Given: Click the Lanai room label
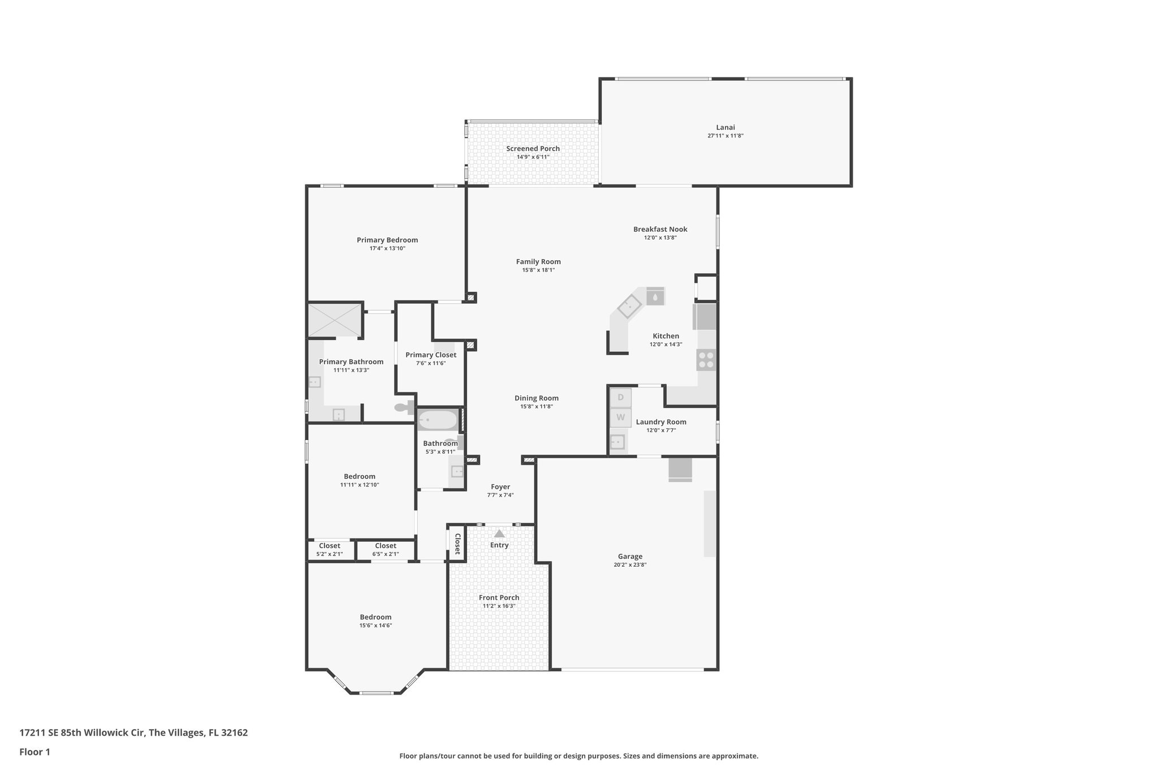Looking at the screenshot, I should click(725, 128).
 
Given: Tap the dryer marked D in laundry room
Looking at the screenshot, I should click(620, 398).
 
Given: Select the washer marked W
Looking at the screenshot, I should click(620, 418).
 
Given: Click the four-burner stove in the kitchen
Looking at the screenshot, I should click(706, 360).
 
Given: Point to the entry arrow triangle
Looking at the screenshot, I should click(499, 533).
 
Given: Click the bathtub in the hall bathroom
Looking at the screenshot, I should click(438, 420).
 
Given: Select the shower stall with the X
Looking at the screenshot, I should click(335, 320).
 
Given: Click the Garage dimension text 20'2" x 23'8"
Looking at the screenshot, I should click(630, 564).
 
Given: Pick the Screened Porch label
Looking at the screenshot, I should click(533, 149).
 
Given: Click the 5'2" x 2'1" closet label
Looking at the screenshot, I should click(330, 554).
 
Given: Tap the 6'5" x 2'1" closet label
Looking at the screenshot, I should click(386, 554).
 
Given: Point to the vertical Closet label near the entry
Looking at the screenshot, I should click(457, 544).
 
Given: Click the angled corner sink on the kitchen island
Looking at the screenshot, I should click(629, 307).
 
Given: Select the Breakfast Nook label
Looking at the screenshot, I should click(660, 229).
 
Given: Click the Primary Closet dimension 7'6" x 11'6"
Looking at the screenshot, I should click(431, 363).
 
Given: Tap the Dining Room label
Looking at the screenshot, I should click(536, 398).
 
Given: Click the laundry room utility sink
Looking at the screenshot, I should click(617, 442).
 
